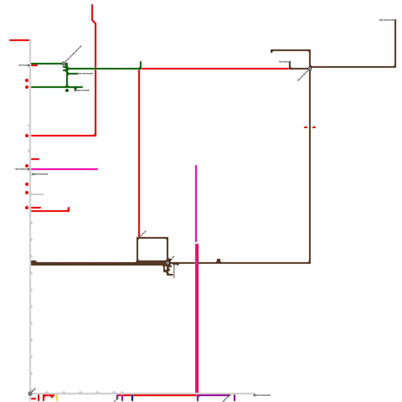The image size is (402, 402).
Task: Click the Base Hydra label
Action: pos(284,62)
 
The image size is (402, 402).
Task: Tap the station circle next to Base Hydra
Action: pos(290,62)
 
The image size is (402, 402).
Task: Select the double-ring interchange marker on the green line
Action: pos(64,64)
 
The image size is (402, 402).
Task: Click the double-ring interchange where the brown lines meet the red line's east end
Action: pos(310,69)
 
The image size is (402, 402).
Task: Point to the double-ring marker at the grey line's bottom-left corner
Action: pos(30,393)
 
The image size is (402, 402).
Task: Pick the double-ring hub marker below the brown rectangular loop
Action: pos(168,263)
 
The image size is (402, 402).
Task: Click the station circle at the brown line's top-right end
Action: pos(395,20)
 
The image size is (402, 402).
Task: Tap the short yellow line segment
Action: pos(57,398)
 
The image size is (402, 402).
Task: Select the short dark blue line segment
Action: pos(132,398)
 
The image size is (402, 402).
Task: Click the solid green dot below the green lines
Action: pos(67,90)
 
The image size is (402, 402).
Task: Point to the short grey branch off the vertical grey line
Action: pos(38,194)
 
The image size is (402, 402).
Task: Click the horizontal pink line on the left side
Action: pos(64,169)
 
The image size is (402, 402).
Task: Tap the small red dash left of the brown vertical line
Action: pos(306,127)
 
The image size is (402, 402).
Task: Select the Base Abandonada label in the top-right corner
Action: pos(386,20)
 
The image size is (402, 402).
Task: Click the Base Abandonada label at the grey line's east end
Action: pos(263,395)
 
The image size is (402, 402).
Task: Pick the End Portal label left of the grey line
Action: pos(23,65)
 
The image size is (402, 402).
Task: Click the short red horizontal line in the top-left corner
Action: pos(19,40)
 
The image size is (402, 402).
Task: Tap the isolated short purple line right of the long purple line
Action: pos(234,398)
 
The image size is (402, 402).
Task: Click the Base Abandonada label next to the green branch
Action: pos(86,74)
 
